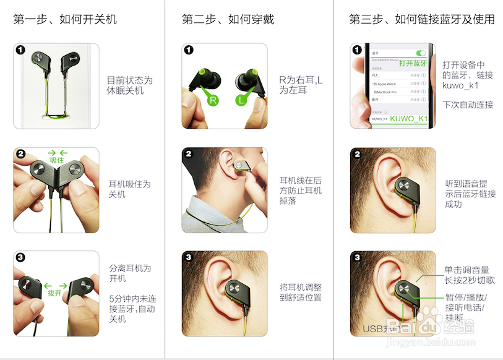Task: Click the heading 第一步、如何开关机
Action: pyautogui.click(x=65, y=19)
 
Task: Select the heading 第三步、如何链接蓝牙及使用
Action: pyautogui.click(x=421, y=19)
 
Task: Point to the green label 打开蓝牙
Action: pyautogui.click(x=413, y=63)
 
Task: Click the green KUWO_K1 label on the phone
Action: pyautogui.click(x=409, y=118)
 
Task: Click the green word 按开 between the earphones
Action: pyautogui.click(x=54, y=293)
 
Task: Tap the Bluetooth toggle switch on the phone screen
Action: pyautogui.click(x=422, y=54)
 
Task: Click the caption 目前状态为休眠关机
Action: pyautogui.click(x=129, y=85)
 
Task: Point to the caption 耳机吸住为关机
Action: pyautogui.click(x=129, y=189)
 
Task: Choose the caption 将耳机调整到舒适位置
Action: pyautogui.click(x=300, y=293)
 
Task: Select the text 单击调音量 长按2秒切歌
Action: pyautogui.click(x=470, y=275)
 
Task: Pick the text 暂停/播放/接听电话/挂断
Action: pyautogui.click(x=466, y=307)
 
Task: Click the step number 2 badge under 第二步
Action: pyautogui.click(x=189, y=154)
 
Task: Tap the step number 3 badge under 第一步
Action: pyautogui.click(x=20, y=257)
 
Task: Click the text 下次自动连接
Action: pyautogui.click(x=468, y=105)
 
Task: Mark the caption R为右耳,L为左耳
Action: pyautogui.click(x=301, y=85)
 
